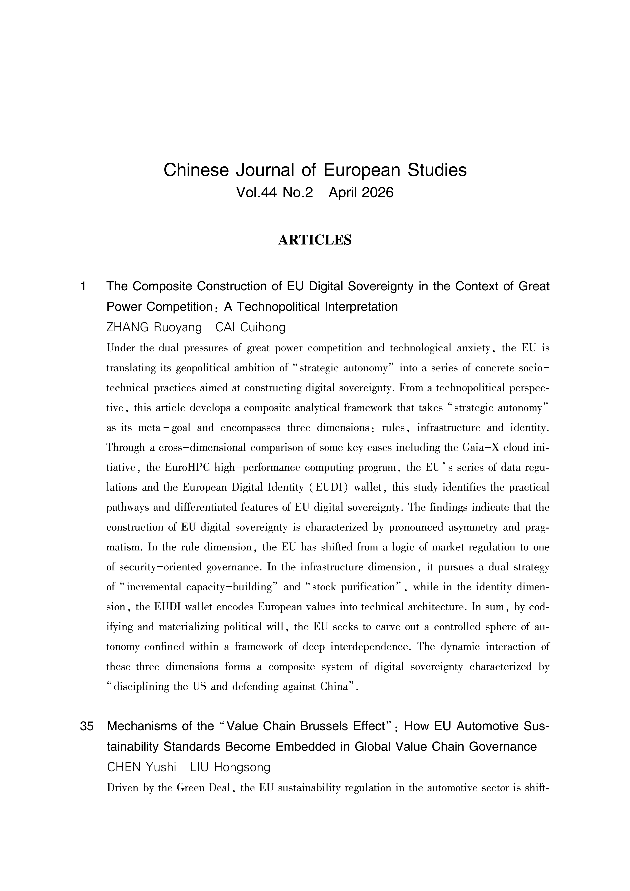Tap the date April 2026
361,193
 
